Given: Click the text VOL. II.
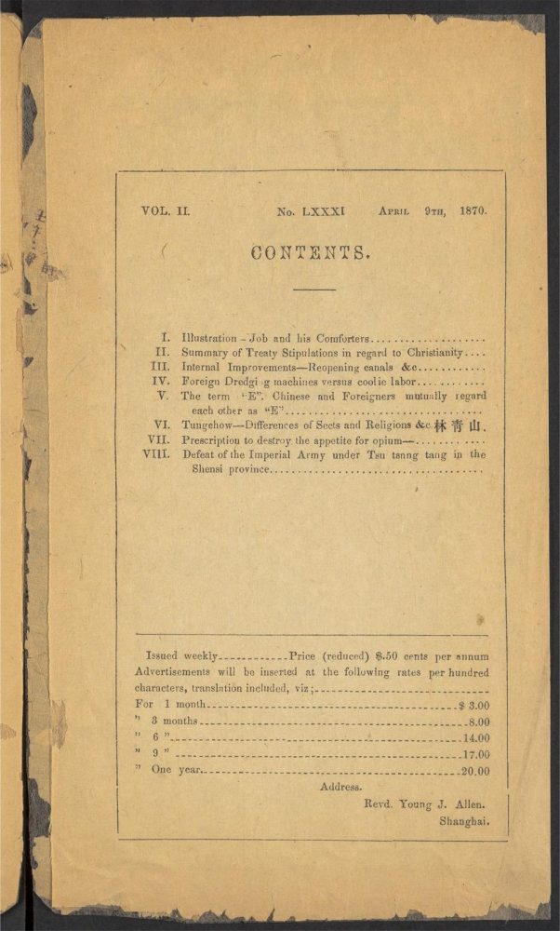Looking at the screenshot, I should click(x=166, y=211).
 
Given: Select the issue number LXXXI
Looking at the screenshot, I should click(x=323, y=212).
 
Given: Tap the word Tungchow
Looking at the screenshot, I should click(x=207, y=425).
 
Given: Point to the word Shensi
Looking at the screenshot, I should click(x=207, y=469).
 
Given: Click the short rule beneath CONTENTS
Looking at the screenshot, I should click(x=313, y=290).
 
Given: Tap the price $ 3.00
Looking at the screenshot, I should click(x=474, y=706).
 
